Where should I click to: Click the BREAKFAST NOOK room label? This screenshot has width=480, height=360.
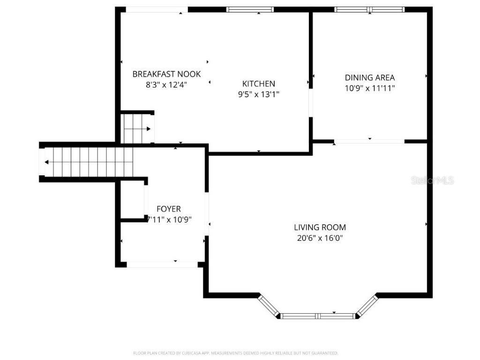(166, 74)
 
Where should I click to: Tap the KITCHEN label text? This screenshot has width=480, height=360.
(258, 84)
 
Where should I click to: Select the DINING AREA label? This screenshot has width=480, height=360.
(370, 78)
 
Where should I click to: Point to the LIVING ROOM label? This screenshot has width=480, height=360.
(320, 228)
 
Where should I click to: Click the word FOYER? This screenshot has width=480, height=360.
(168, 209)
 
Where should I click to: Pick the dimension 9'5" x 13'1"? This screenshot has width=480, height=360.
(258, 94)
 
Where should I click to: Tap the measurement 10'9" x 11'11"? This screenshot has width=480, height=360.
(370, 88)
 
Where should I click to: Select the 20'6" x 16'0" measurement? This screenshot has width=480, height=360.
(320, 238)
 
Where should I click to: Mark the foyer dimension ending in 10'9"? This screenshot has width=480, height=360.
(169, 219)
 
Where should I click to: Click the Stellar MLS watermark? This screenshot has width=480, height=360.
(432, 180)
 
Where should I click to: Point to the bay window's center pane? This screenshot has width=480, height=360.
(319, 316)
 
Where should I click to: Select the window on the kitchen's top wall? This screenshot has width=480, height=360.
(250, 9)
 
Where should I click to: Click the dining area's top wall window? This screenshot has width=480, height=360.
(369, 9)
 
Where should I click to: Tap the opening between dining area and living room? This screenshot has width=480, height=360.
(369, 141)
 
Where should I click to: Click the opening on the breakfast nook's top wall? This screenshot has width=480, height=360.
(157, 9)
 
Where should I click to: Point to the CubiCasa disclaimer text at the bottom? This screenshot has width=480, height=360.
(235, 353)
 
